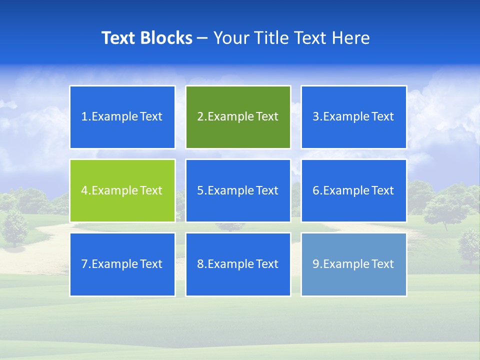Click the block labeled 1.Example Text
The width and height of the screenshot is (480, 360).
(122, 117)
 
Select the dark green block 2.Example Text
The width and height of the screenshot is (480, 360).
(238, 117)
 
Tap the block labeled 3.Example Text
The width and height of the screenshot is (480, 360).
(353, 117)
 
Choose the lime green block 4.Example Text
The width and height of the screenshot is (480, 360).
(122, 190)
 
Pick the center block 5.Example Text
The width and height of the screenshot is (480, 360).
(238, 190)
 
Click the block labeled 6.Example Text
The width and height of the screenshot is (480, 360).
(353, 190)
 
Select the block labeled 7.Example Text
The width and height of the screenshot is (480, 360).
(122, 264)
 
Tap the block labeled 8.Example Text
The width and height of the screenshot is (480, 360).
(238, 264)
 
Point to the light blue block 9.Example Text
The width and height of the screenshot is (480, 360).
(353, 264)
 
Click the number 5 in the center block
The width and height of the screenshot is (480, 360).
(200, 190)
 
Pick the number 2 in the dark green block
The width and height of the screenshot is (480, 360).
(200, 117)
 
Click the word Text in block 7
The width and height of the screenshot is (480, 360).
(151, 264)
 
